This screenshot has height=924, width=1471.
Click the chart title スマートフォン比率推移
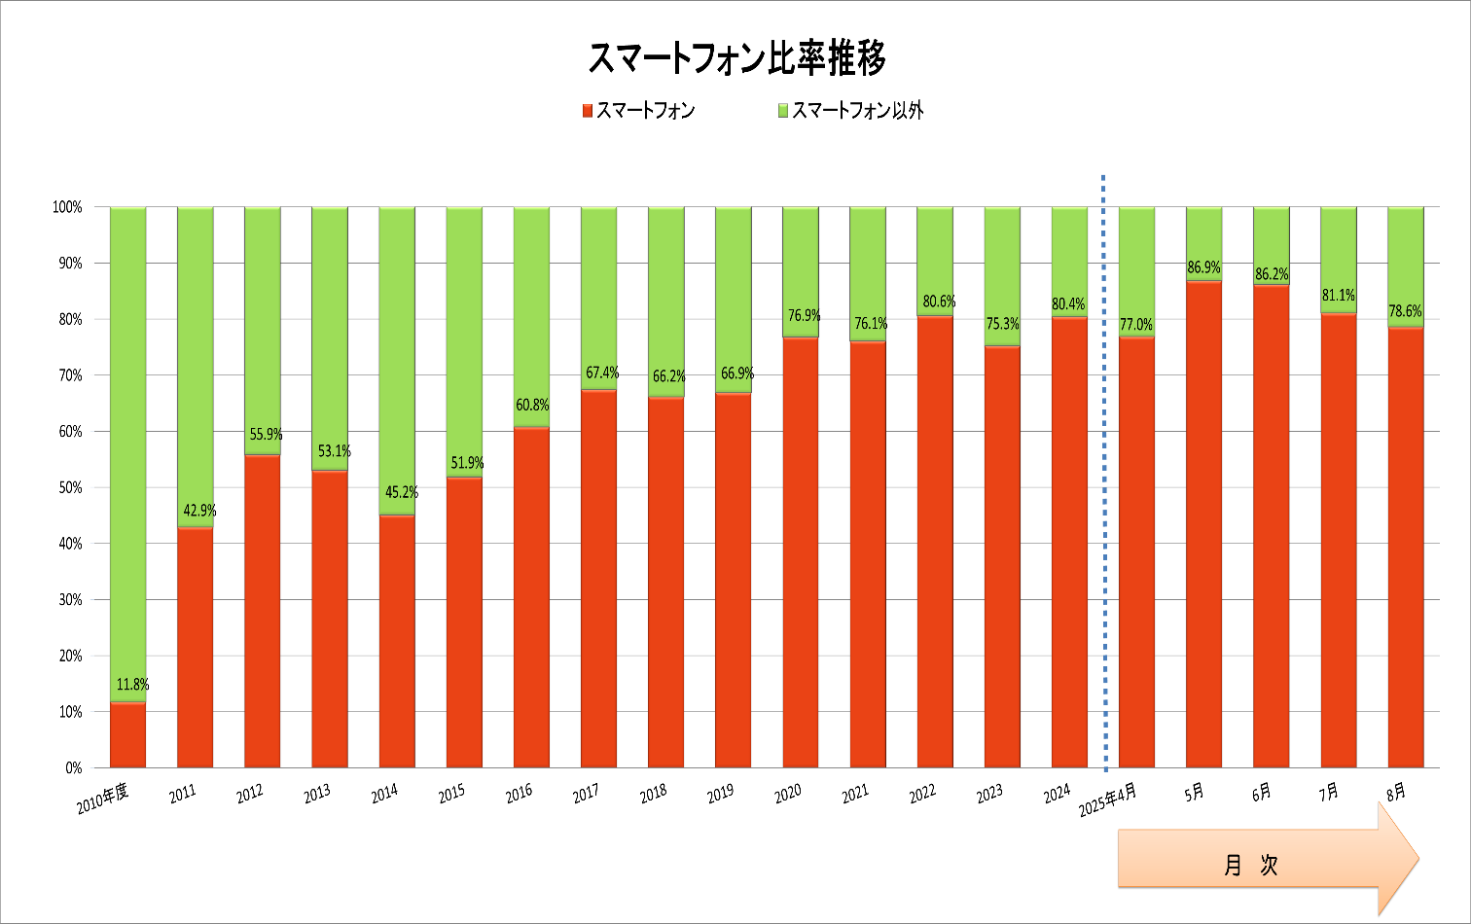point(736,59)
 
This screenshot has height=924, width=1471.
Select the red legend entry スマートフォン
point(638,111)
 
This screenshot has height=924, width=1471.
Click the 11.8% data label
point(133,685)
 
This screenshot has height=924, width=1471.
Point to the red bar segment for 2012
point(262,611)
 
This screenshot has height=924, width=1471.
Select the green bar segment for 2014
point(397,360)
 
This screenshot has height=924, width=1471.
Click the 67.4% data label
point(602,373)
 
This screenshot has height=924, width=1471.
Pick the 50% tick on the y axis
point(67,487)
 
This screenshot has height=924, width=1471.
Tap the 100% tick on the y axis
point(67,207)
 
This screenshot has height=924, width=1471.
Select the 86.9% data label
point(1203,267)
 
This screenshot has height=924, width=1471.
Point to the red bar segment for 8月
point(1405,548)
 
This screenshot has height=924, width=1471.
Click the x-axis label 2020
point(787,793)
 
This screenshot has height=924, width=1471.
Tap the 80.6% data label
point(939,302)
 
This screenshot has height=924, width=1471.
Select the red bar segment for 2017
point(598,579)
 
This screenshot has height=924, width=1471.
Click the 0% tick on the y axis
point(73,767)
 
